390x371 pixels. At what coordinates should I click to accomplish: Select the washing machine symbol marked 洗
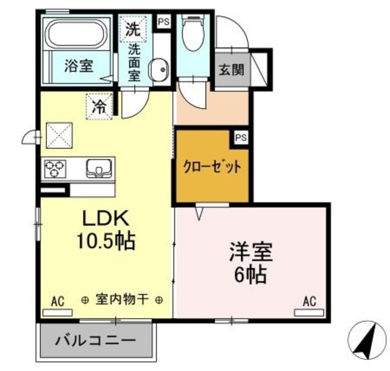(x=132, y=27)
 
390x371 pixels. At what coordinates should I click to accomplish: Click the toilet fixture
(x=192, y=33)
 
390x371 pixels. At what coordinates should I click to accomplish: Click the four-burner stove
(x=54, y=167)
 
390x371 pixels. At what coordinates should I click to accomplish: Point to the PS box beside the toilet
(x=163, y=22)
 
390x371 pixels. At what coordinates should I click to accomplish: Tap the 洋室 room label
(x=250, y=251)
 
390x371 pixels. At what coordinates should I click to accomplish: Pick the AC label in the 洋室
(x=309, y=300)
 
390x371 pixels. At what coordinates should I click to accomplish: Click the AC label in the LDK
(x=57, y=300)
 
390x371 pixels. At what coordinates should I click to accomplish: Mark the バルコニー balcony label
(x=96, y=339)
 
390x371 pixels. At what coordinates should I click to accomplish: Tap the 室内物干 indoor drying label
(x=122, y=300)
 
